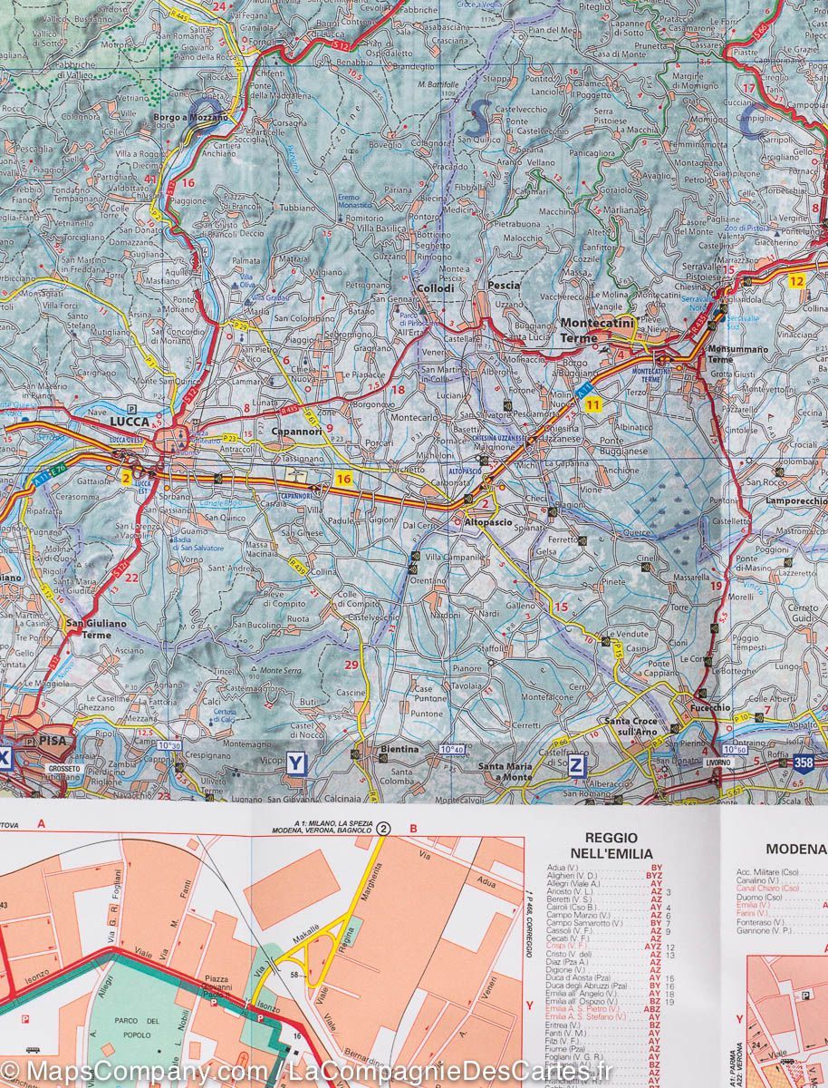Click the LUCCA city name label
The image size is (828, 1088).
click(x=128, y=422)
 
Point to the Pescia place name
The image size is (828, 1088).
click(x=504, y=285)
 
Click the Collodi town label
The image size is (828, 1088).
click(x=435, y=289)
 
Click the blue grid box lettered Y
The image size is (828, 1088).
click(x=295, y=763)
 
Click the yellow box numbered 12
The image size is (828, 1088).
click(x=796, y=281)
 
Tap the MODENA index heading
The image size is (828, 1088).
click(x=795, y=849)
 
